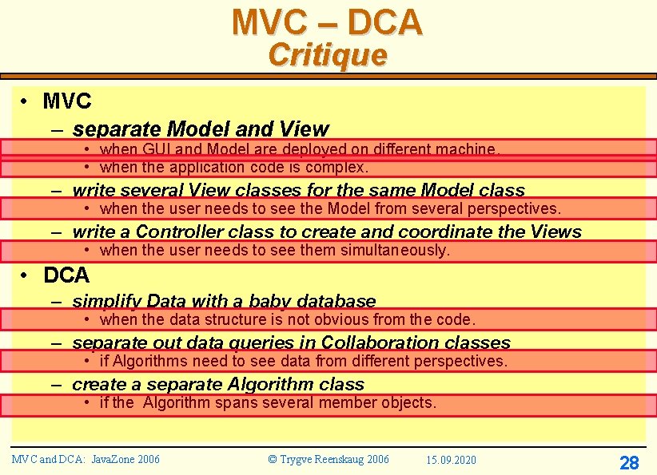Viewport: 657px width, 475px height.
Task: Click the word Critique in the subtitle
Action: [328, 55]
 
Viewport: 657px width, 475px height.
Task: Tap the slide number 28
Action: [629, 462]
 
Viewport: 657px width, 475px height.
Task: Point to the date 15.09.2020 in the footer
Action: [451, 460]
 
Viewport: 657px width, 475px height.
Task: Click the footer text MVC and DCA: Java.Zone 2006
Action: [86, 459]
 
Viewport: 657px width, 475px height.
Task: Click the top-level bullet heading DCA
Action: [66, 275]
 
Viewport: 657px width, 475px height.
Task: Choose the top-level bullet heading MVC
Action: [67, 101]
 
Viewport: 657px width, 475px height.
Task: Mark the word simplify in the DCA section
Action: [102, 302]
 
